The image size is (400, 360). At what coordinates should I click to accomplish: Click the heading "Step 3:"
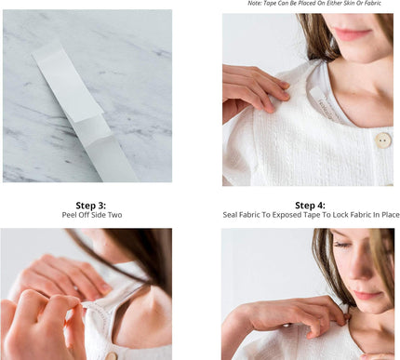click(91, 206)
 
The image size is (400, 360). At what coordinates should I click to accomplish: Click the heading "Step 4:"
click(310, 206)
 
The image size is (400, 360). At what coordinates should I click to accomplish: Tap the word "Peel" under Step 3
click(68, 215)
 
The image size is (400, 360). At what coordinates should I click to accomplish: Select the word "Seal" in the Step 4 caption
click(230, 215)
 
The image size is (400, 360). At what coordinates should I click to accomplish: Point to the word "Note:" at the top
click(255, 3)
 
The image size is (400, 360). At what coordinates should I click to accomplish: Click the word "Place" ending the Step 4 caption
click(391, 215)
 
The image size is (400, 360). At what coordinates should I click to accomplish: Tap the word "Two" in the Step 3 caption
click(114, 215)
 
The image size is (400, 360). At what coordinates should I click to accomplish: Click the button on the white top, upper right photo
click(383, 140)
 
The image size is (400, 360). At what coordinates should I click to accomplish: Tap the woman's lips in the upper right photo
click(353, 33)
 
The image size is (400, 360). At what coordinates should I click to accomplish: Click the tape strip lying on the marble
click(85, 113)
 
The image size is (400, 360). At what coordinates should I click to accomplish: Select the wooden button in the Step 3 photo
click(111, 355)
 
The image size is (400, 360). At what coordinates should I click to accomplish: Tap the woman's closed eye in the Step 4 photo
click(341, 245)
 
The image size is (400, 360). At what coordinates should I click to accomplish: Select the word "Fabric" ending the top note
click(373, 3)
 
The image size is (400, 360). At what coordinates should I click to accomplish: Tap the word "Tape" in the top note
click(269, 3)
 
